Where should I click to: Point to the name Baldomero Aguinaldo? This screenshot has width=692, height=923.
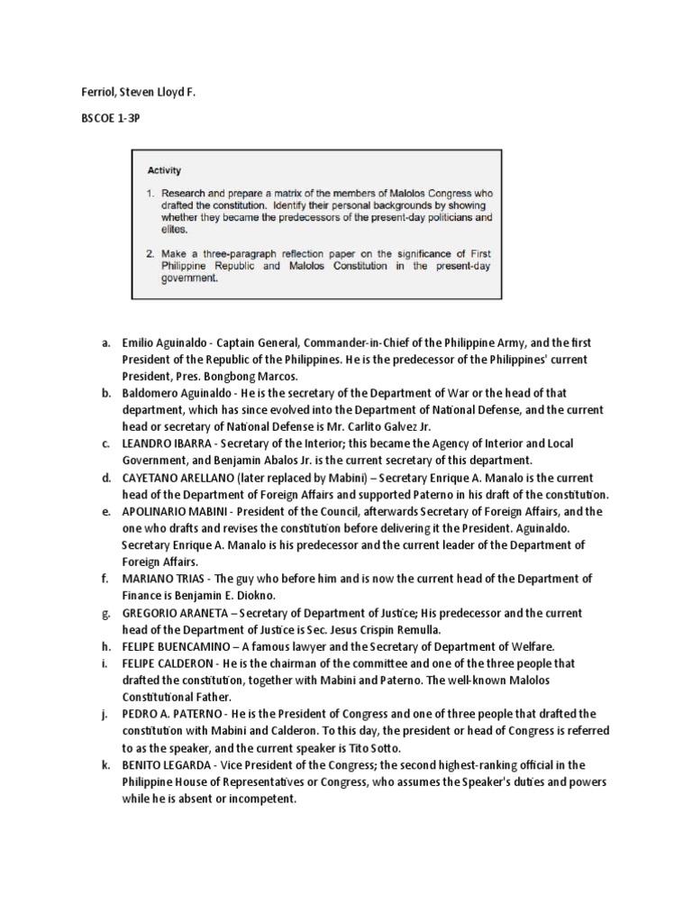point(175,393)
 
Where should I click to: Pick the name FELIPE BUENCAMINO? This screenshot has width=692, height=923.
point(178,646)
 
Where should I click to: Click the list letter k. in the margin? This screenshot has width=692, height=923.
point(105,764)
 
